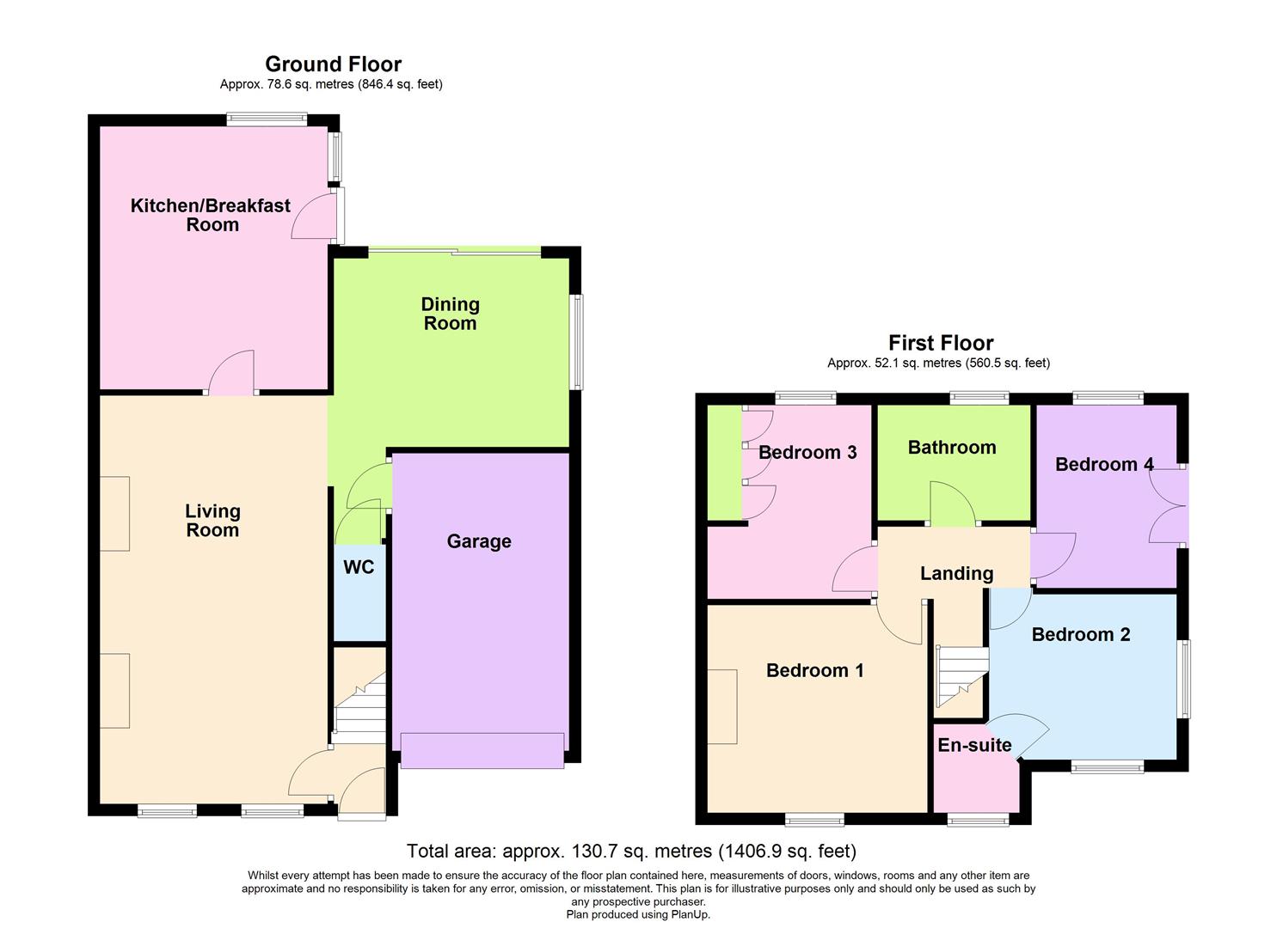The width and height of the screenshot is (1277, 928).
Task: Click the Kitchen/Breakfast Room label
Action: pyautogui.click(x=211, y=215)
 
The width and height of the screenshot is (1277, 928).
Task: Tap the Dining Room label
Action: pyautogui.click(x=450, y=314)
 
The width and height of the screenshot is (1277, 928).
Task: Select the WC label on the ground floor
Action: pyautogui.click(x=359, y=567)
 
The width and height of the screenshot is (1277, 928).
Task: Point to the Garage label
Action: pyautogui.click(x=479, y=541)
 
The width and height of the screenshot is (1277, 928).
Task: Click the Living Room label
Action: pyautogui.click(x=212, y=521)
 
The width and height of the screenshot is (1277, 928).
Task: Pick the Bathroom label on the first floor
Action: pyautogui.click(x=952, y=447)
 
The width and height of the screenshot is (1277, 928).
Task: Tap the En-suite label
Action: pyautogui.click(x=974, y=745)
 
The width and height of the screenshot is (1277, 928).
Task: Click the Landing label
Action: pyautogui.click(x=956, y=573)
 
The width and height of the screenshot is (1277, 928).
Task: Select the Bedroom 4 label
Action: pyautogui.click(x=1104, y=464)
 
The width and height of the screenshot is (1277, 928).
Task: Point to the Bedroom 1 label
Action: pyautogui.click(x=814, y=670)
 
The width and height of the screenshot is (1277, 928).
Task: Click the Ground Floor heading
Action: pyautogui.click(x=333, y=64)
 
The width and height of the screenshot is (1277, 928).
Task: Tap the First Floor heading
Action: pyautogui.click(x=941, y=343)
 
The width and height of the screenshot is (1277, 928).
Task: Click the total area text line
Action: pyautogui.click(x=631, y=851)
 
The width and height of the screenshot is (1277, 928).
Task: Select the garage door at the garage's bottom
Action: pyautogui.click(x=482, y=749)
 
